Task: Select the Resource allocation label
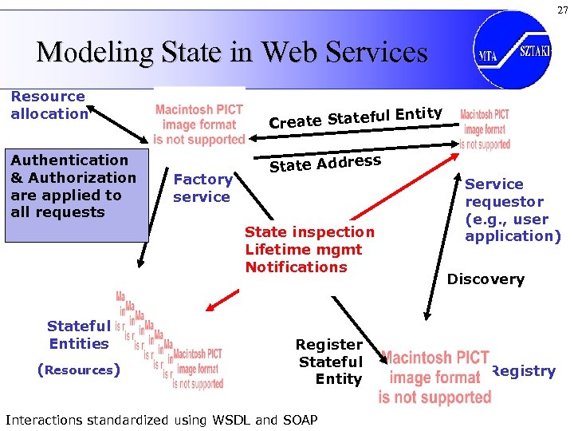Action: [49, 105]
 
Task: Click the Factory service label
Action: [202, 188]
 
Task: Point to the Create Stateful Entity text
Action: [356, 117]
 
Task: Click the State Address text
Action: [325, 162]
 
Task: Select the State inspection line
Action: [309, 232]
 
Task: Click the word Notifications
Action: [296, 267]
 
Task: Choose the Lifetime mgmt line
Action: [304, 250]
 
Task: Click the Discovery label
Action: [486, 279]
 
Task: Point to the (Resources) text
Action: [79, 370]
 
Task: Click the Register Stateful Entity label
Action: [329, 362]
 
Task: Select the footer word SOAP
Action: [299, 420]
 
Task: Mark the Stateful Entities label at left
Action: [78, 334]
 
